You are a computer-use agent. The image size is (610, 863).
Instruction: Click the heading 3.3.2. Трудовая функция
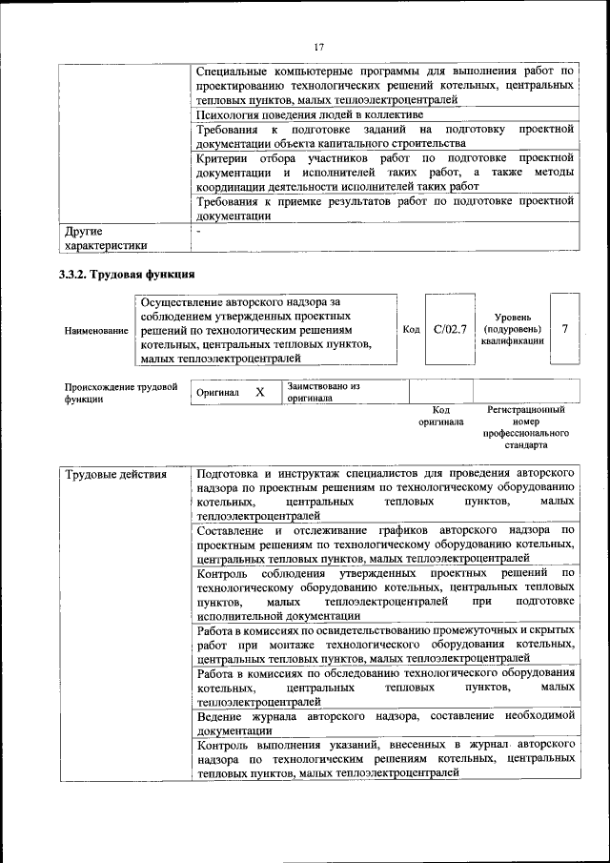[x=123, y=276]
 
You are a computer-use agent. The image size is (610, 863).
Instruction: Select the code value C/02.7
[x=449, y=329]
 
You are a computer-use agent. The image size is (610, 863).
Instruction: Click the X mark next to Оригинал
[x=259, y=392]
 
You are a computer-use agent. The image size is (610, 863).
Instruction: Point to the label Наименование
[x=96, y=330]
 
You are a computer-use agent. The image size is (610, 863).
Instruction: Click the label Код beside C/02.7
[x=411, y=329]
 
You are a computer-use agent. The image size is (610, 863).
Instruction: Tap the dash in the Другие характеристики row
[x=198, y=231]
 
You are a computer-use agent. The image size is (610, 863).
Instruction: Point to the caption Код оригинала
[x=440, y=415]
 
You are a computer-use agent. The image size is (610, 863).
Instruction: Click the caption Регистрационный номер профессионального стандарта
[x=525, y=427]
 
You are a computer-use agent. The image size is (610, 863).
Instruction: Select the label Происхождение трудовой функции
[x=121, y=393]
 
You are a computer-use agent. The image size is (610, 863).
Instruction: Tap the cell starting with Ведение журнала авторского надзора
[x=384, y=722]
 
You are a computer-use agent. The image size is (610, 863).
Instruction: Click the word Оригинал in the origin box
[x=217, y=393]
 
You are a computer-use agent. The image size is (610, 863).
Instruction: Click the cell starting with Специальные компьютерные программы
[x=384, y=85]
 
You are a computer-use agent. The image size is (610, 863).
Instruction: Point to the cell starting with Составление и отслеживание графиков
[x=384, y=543]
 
